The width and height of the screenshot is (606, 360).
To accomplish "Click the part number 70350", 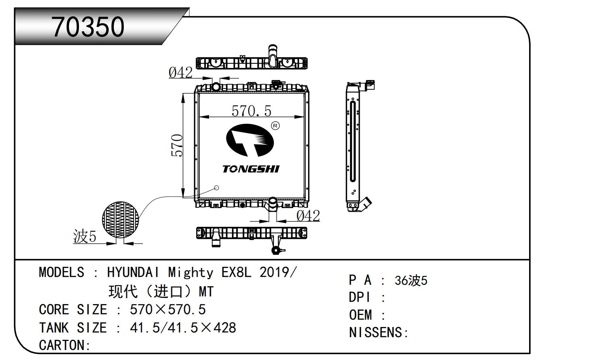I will point(88,27).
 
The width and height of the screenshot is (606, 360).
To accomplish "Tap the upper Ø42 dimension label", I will point(180,72).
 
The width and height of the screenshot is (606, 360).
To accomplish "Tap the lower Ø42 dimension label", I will point(308,216).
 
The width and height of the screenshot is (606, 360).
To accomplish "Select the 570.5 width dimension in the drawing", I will point(251,111).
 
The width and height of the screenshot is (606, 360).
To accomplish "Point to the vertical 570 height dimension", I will point(177,146).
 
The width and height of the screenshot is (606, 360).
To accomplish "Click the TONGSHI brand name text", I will point(251,169).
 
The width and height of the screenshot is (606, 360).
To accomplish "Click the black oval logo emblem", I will point(250,140).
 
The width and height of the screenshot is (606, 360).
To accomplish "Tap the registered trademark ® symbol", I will point(275,125).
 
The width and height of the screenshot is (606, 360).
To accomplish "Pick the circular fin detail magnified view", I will point(120,220).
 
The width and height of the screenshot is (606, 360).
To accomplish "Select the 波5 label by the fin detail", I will point(84,236).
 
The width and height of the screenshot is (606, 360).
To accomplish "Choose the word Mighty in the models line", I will point(190,272).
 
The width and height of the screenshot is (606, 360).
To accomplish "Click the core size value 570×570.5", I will point(167,310).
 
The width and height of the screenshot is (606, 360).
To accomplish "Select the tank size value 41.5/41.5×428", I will point(183,328).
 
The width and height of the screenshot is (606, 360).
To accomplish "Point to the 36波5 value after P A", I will point(411,280).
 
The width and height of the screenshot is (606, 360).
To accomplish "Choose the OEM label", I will point(360,315).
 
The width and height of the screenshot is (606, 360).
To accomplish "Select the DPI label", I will point(360,297).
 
